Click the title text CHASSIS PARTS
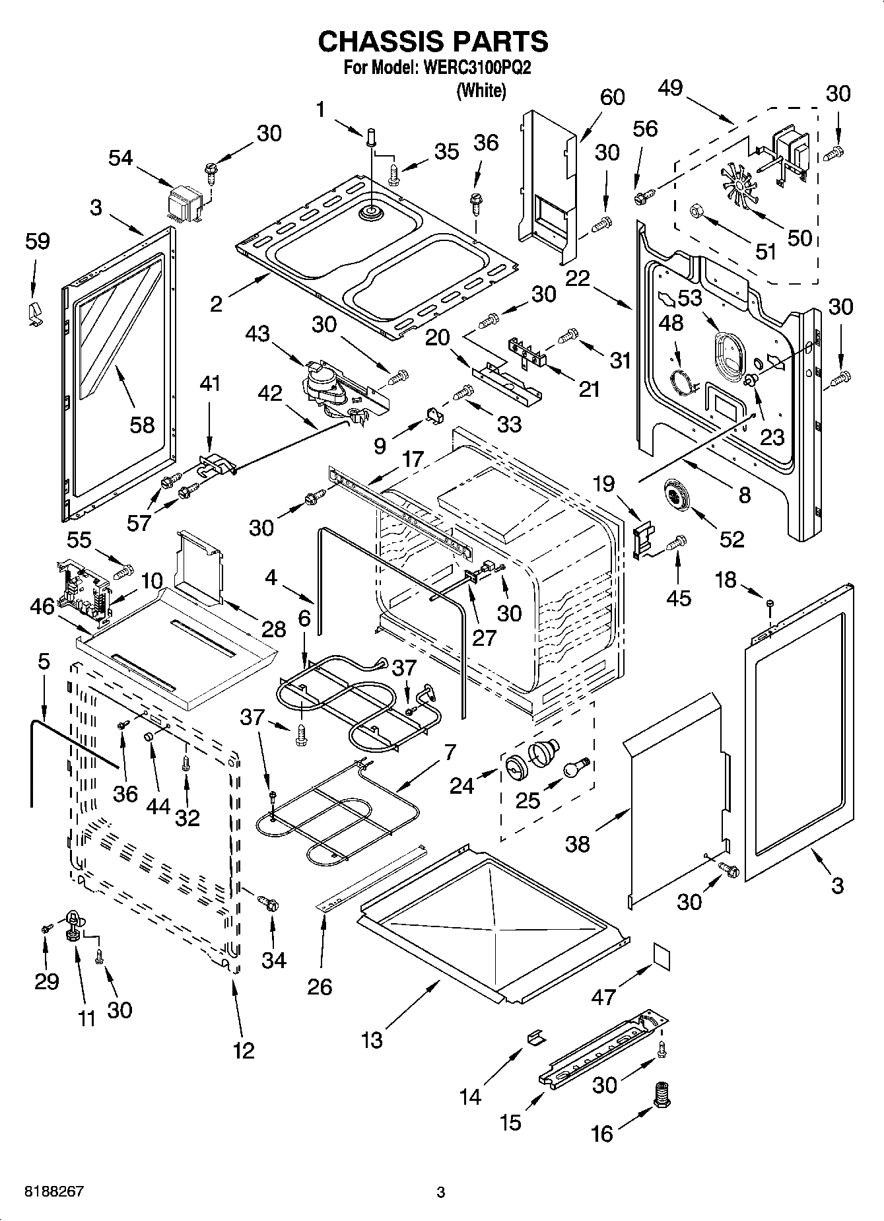433,42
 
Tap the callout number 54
120,158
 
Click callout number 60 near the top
612,97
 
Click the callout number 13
372,1040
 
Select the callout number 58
142,425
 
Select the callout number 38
577,844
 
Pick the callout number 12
244,1050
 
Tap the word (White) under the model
481,90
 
